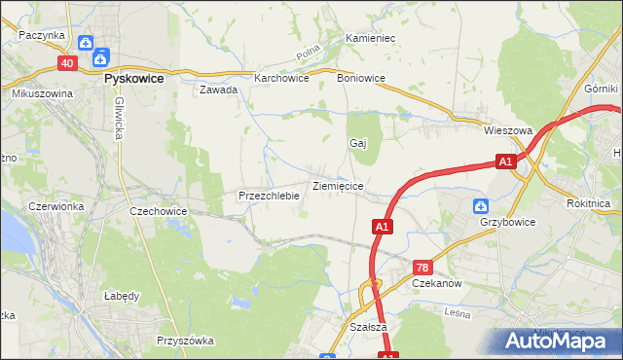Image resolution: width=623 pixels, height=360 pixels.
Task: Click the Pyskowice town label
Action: tap(133, 76)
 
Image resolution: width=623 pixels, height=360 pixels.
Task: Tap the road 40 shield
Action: tap(66, 63)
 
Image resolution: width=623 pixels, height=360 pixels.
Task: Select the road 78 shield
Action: tap(421, 267)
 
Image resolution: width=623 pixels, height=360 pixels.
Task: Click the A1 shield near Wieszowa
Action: tap(504, 162)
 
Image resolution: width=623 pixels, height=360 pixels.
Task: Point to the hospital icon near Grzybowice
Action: tap(480, 206)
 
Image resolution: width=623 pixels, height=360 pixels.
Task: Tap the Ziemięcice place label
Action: tap(338, 185)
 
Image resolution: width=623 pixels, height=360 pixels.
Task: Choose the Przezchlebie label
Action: tap(268, 196)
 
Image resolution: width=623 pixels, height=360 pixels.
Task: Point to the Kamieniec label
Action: tap(369, 39)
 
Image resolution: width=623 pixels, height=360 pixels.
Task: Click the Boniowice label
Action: tap(360, 78)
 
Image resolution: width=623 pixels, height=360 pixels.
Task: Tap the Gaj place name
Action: tap(357, 142)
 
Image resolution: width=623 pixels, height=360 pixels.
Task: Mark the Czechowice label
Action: tap(159, 210)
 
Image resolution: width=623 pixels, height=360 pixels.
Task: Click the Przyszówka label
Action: tap(184, 342)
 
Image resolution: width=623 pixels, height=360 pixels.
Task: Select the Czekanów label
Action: tap(436, 283)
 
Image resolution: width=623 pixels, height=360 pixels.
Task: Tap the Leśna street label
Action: tap(456, 313)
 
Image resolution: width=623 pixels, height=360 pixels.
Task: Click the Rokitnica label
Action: tap(588, 204)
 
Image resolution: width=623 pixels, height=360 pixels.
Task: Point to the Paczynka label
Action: tap(41, 35)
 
